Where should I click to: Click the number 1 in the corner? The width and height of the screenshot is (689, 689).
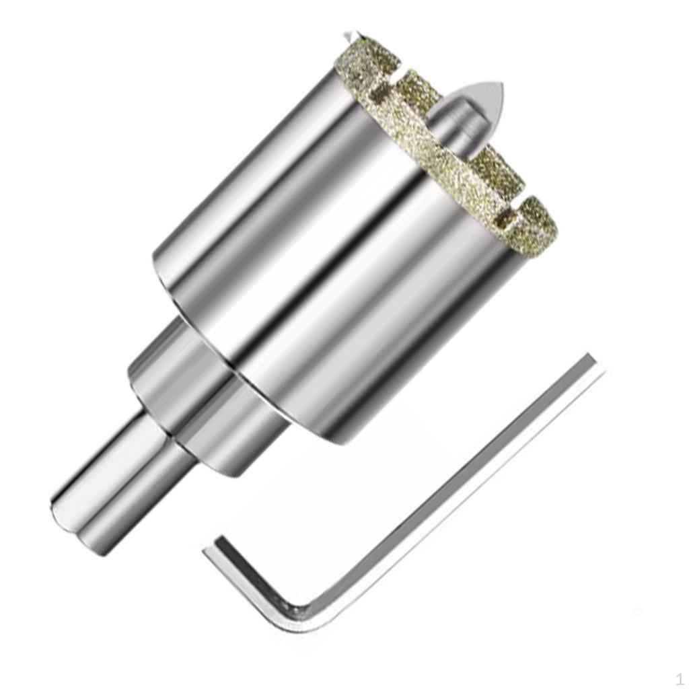[680, 678]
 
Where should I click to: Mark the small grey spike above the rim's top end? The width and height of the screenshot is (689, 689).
[348, 35]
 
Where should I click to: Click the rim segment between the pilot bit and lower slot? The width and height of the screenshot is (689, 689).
[495, 172]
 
